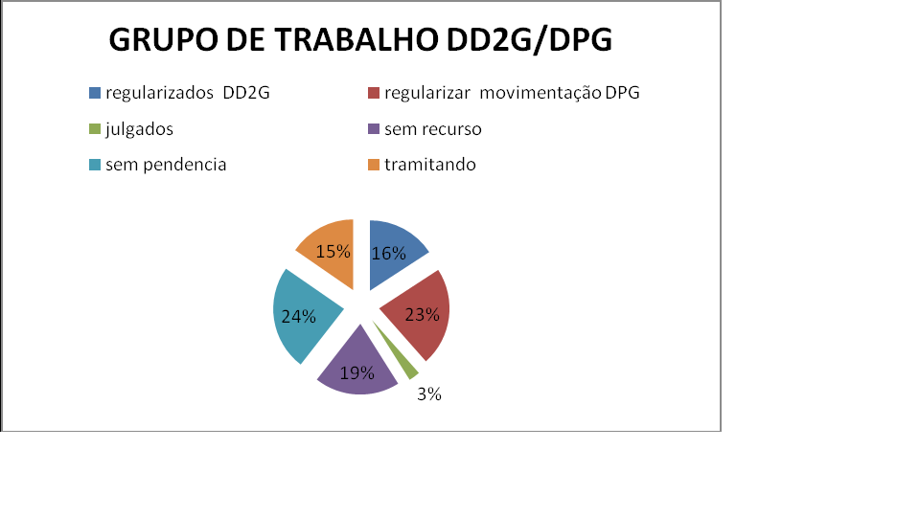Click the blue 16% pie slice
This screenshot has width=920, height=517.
392,253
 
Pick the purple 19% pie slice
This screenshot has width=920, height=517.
357,367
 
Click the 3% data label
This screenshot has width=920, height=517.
429,394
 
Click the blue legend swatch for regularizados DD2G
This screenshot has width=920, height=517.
95,93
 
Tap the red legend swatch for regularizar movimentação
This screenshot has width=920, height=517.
373,93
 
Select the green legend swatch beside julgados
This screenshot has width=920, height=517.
95,129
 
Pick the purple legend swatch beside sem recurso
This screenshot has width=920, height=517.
373,129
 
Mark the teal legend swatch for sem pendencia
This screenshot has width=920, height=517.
95,165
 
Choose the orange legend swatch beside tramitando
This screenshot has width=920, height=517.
373,165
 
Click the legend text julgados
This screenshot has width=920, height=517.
140,129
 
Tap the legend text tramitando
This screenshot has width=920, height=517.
430,165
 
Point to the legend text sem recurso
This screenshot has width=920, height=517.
433,129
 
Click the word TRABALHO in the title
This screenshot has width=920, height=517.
356,40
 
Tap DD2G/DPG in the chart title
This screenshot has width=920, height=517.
529,40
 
